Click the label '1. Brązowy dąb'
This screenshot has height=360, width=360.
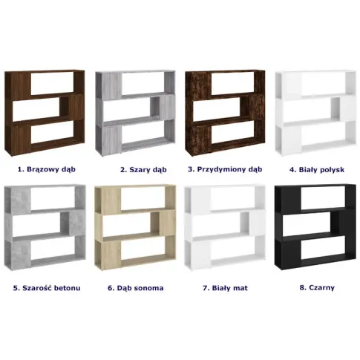click(47, 169)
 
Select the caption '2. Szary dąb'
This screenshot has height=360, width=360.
click(143, 170)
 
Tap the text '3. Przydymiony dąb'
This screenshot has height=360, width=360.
click(225, 169)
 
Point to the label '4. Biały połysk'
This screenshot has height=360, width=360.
click(317, 170)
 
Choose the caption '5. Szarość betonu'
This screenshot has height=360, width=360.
click(47, 288)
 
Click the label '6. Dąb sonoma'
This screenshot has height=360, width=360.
click(136, 288)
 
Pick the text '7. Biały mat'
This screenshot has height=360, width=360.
click(225, 288)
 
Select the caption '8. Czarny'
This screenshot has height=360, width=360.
click(317, 287)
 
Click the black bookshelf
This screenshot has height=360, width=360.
click(315, 228)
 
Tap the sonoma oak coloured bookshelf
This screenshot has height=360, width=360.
click(135, 228)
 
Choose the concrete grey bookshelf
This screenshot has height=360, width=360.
click(45, 228)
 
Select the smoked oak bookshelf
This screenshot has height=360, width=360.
click(225, 113)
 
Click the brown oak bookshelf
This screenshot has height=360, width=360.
click(45, 113)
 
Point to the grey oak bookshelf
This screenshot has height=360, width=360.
click(135, 113)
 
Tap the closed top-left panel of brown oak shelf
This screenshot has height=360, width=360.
click(21, 86)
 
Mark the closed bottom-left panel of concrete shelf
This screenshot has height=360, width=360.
click(21, 254)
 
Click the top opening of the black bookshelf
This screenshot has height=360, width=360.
click(323, 197)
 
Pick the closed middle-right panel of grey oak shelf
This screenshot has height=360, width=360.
click(167, 108)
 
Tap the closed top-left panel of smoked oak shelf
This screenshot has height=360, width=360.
click(201, 86)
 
